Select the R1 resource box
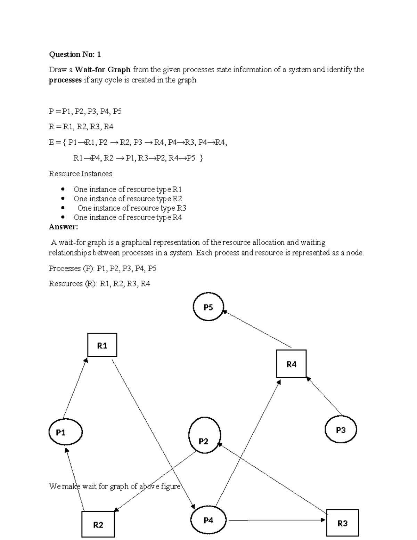pyautogui.click(x=102, y=345)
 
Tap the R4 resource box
pyautogui.click(x=291, y=364)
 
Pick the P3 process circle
pyautogui.click(x=341, y=430)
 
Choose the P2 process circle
pyautogui.click(x=204, y=436)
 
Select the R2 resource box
pyautogui.click(x=98, y=524)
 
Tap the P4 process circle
pyautogui.click(x=208, y=520)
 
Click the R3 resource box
pyautogui.click(x=342, y=523)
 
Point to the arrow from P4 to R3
pyautogui.click(x=276, y=520)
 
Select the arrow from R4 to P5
pyautogui.click(x=257, y=329)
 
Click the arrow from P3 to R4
pyautogui.click(x=325, y=396)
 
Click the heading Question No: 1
pyautogui.click(x=75, y=54)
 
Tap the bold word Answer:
pyautogui.click(x=63, y=227)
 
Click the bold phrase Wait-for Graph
pyautogui.click(x=103, y=70)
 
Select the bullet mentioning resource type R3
pyautogui.click(x=131, y=208)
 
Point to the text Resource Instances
pyautogui.click(x=80, y=174)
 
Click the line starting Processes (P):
pyautogui.click(x=103, y=268)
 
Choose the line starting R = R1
pyautogui.click(x=81, y=127)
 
